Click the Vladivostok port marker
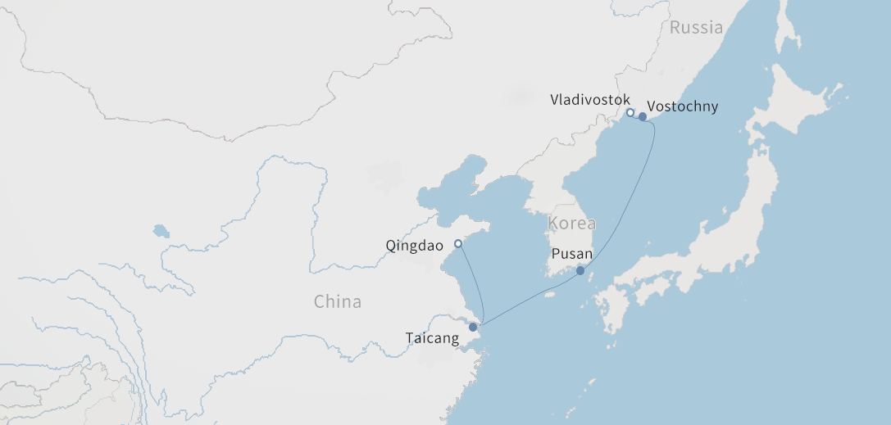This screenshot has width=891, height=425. (630, 113)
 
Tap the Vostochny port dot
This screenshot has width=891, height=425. (643, 117)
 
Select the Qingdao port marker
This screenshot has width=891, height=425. (458, 244)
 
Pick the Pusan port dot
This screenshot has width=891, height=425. (580, 271)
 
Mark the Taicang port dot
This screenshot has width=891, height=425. (473, 328)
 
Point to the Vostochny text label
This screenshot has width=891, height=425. (682, 106)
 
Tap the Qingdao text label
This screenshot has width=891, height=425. (414, 245)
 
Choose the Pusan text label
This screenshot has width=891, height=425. (572, 254)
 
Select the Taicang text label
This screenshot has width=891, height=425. (432, 338)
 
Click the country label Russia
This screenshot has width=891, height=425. (696, 28)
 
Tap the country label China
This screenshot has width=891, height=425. (337, 301)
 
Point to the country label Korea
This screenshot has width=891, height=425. (572, 224)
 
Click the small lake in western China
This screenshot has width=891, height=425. (161, 231)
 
